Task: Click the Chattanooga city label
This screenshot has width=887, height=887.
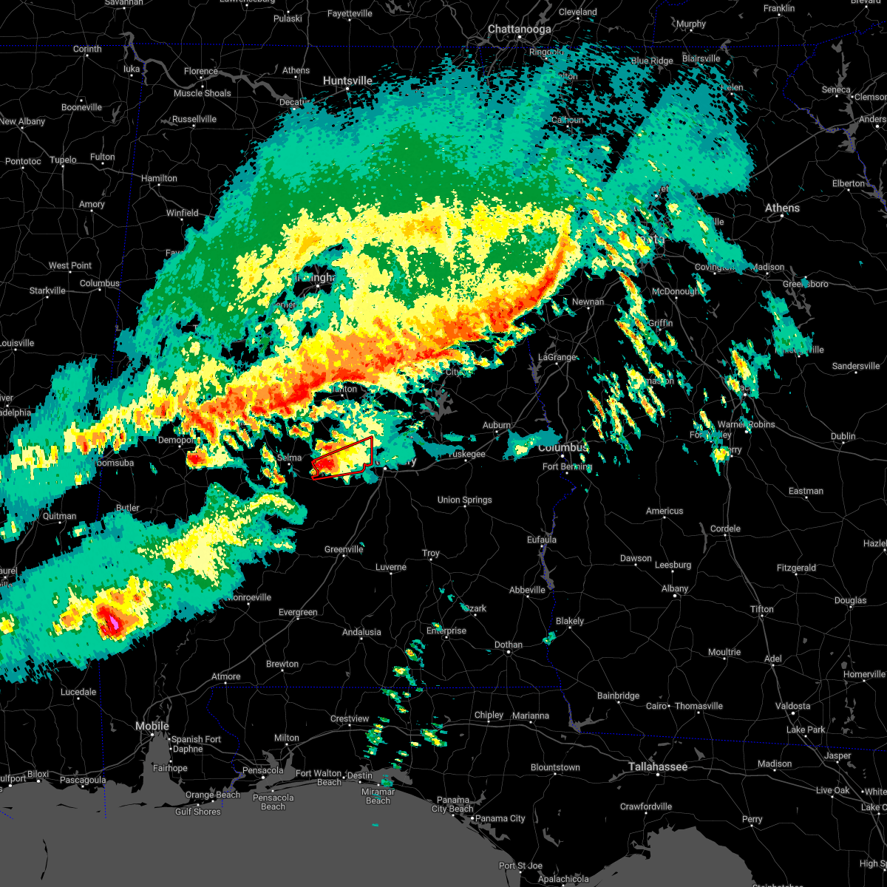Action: coord(520,30)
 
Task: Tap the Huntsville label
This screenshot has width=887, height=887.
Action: coord(347,81)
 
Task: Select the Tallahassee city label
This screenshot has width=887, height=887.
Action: coord(658,767)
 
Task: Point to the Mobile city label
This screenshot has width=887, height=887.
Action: coord(152,727)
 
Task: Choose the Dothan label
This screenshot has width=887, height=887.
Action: coord(508,645)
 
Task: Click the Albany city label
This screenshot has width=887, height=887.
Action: coord(674,589)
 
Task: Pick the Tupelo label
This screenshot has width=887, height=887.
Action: coord(63,160)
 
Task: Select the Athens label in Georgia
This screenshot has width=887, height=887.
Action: coord(782,208)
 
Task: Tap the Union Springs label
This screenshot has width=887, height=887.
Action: coord(464,500)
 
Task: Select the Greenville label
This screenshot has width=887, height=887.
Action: coord(344,550)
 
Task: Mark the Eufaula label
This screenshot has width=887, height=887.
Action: coord(541,540)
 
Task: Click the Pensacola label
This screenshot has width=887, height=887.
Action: coord(262,771)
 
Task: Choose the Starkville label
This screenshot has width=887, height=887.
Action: coord(47,291)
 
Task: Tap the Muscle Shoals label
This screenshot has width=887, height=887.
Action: coord(202,94)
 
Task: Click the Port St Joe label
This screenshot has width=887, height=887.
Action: coord(521,866)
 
